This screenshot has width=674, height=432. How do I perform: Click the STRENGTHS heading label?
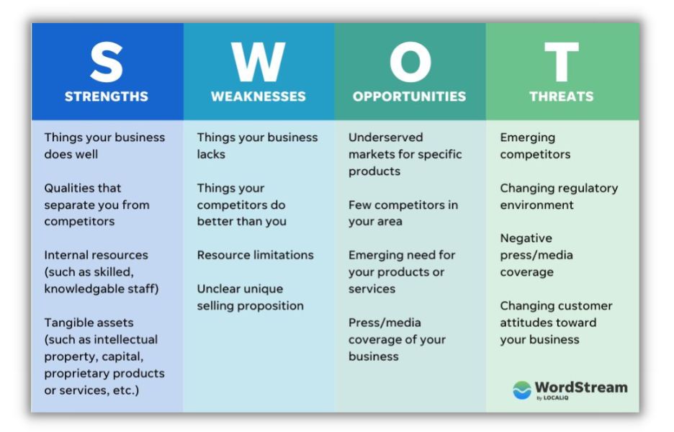107,96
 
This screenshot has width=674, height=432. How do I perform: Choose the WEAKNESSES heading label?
258,96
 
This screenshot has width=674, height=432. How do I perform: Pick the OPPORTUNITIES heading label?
409,96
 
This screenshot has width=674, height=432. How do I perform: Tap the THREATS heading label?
561,96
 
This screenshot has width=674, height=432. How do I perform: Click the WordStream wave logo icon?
521,390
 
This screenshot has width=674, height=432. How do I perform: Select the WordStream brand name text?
580,387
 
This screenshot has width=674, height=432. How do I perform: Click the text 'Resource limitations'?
255,255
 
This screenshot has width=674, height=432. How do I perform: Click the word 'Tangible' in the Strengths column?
68,323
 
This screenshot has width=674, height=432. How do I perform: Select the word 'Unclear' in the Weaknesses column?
220,289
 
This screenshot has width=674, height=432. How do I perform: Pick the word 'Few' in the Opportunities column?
359,204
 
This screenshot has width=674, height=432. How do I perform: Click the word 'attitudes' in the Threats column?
526,323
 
